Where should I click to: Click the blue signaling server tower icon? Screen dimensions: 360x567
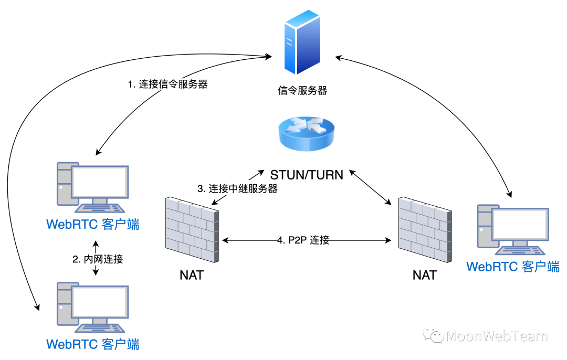pyautogui.click(x=302, y=42)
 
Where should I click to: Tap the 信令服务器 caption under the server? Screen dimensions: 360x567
pyautogui.click(x=302, y=91)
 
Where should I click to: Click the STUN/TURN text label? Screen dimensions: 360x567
pyautogui.click(x=307, y=175)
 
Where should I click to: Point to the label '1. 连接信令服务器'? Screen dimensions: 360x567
pyautogui.click(x=168, y=84)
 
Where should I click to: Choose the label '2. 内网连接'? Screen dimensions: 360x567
pyautogui.click(x=98, y=259)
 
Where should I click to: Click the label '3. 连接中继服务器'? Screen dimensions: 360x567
pyautogui.click(x=237, y=189)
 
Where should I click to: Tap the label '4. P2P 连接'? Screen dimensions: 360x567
pyautogui.click(x=303, y=240)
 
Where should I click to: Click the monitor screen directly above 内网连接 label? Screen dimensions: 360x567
pyautogui.click(x=100, y=182)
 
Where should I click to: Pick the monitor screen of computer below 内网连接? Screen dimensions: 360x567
pyautogui.click(x=100, y=302)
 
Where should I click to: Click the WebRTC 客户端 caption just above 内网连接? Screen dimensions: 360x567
pyautogui.click(x=93, y=224)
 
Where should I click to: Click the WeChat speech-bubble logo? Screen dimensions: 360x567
pyautogui.click(x=433, y=334)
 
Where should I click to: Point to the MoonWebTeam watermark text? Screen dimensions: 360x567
pyautogui.click(x=496, y=336)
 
